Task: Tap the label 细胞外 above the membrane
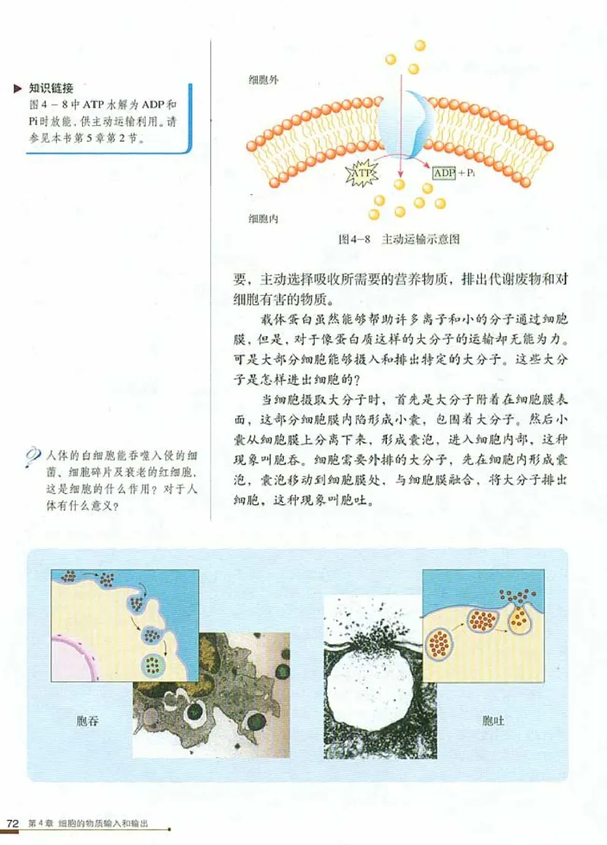click(263, 79)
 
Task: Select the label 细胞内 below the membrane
click(263, 218)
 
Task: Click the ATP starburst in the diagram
click(362, 174)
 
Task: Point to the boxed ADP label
click(444, 174)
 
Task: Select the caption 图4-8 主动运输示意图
click(399, 239)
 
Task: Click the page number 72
click(12, 823)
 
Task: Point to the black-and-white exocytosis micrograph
click(372, 675)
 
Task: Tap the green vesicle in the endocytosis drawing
click(155, 664)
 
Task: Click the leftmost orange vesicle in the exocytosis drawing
click(439, 643)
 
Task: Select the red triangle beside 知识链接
click(17, 88)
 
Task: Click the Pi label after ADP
click(470, 174)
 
